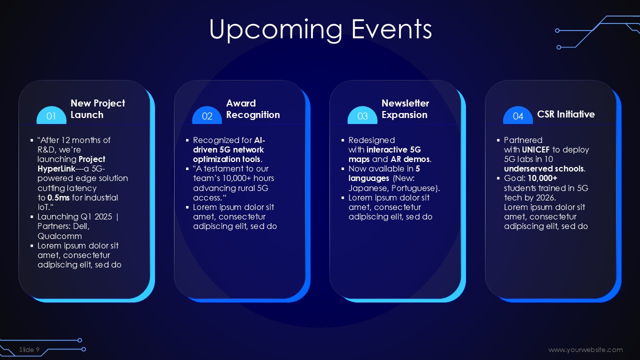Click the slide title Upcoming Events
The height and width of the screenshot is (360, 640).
click(x=320, y=29)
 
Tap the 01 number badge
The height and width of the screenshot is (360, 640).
click(x=51, y=115)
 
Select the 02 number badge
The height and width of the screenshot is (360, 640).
click(x=207, y=115)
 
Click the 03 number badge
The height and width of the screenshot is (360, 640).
click(x=362, y=115)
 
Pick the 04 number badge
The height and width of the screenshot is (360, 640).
click(x=518, y=115)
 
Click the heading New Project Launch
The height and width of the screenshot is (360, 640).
click(x=97, y=109)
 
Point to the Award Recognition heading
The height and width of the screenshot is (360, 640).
click(x=253, y=109)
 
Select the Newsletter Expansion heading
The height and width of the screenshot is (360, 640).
click(x=405, y=109)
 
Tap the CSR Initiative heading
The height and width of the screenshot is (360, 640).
click(x=565, y=114)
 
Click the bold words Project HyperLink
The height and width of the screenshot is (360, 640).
click(x=71, y=164)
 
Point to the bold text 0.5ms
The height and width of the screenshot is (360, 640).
click(x=58, y=197)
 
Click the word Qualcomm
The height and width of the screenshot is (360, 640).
click(x=59, y=236)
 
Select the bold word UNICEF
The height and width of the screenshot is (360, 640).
click(x=535, y=149)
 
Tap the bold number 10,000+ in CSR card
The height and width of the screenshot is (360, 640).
click(x=542, y=178)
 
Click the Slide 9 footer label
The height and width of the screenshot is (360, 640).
click(x=29, y=349)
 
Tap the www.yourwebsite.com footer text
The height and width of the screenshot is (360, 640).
click(x=585, y=349)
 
